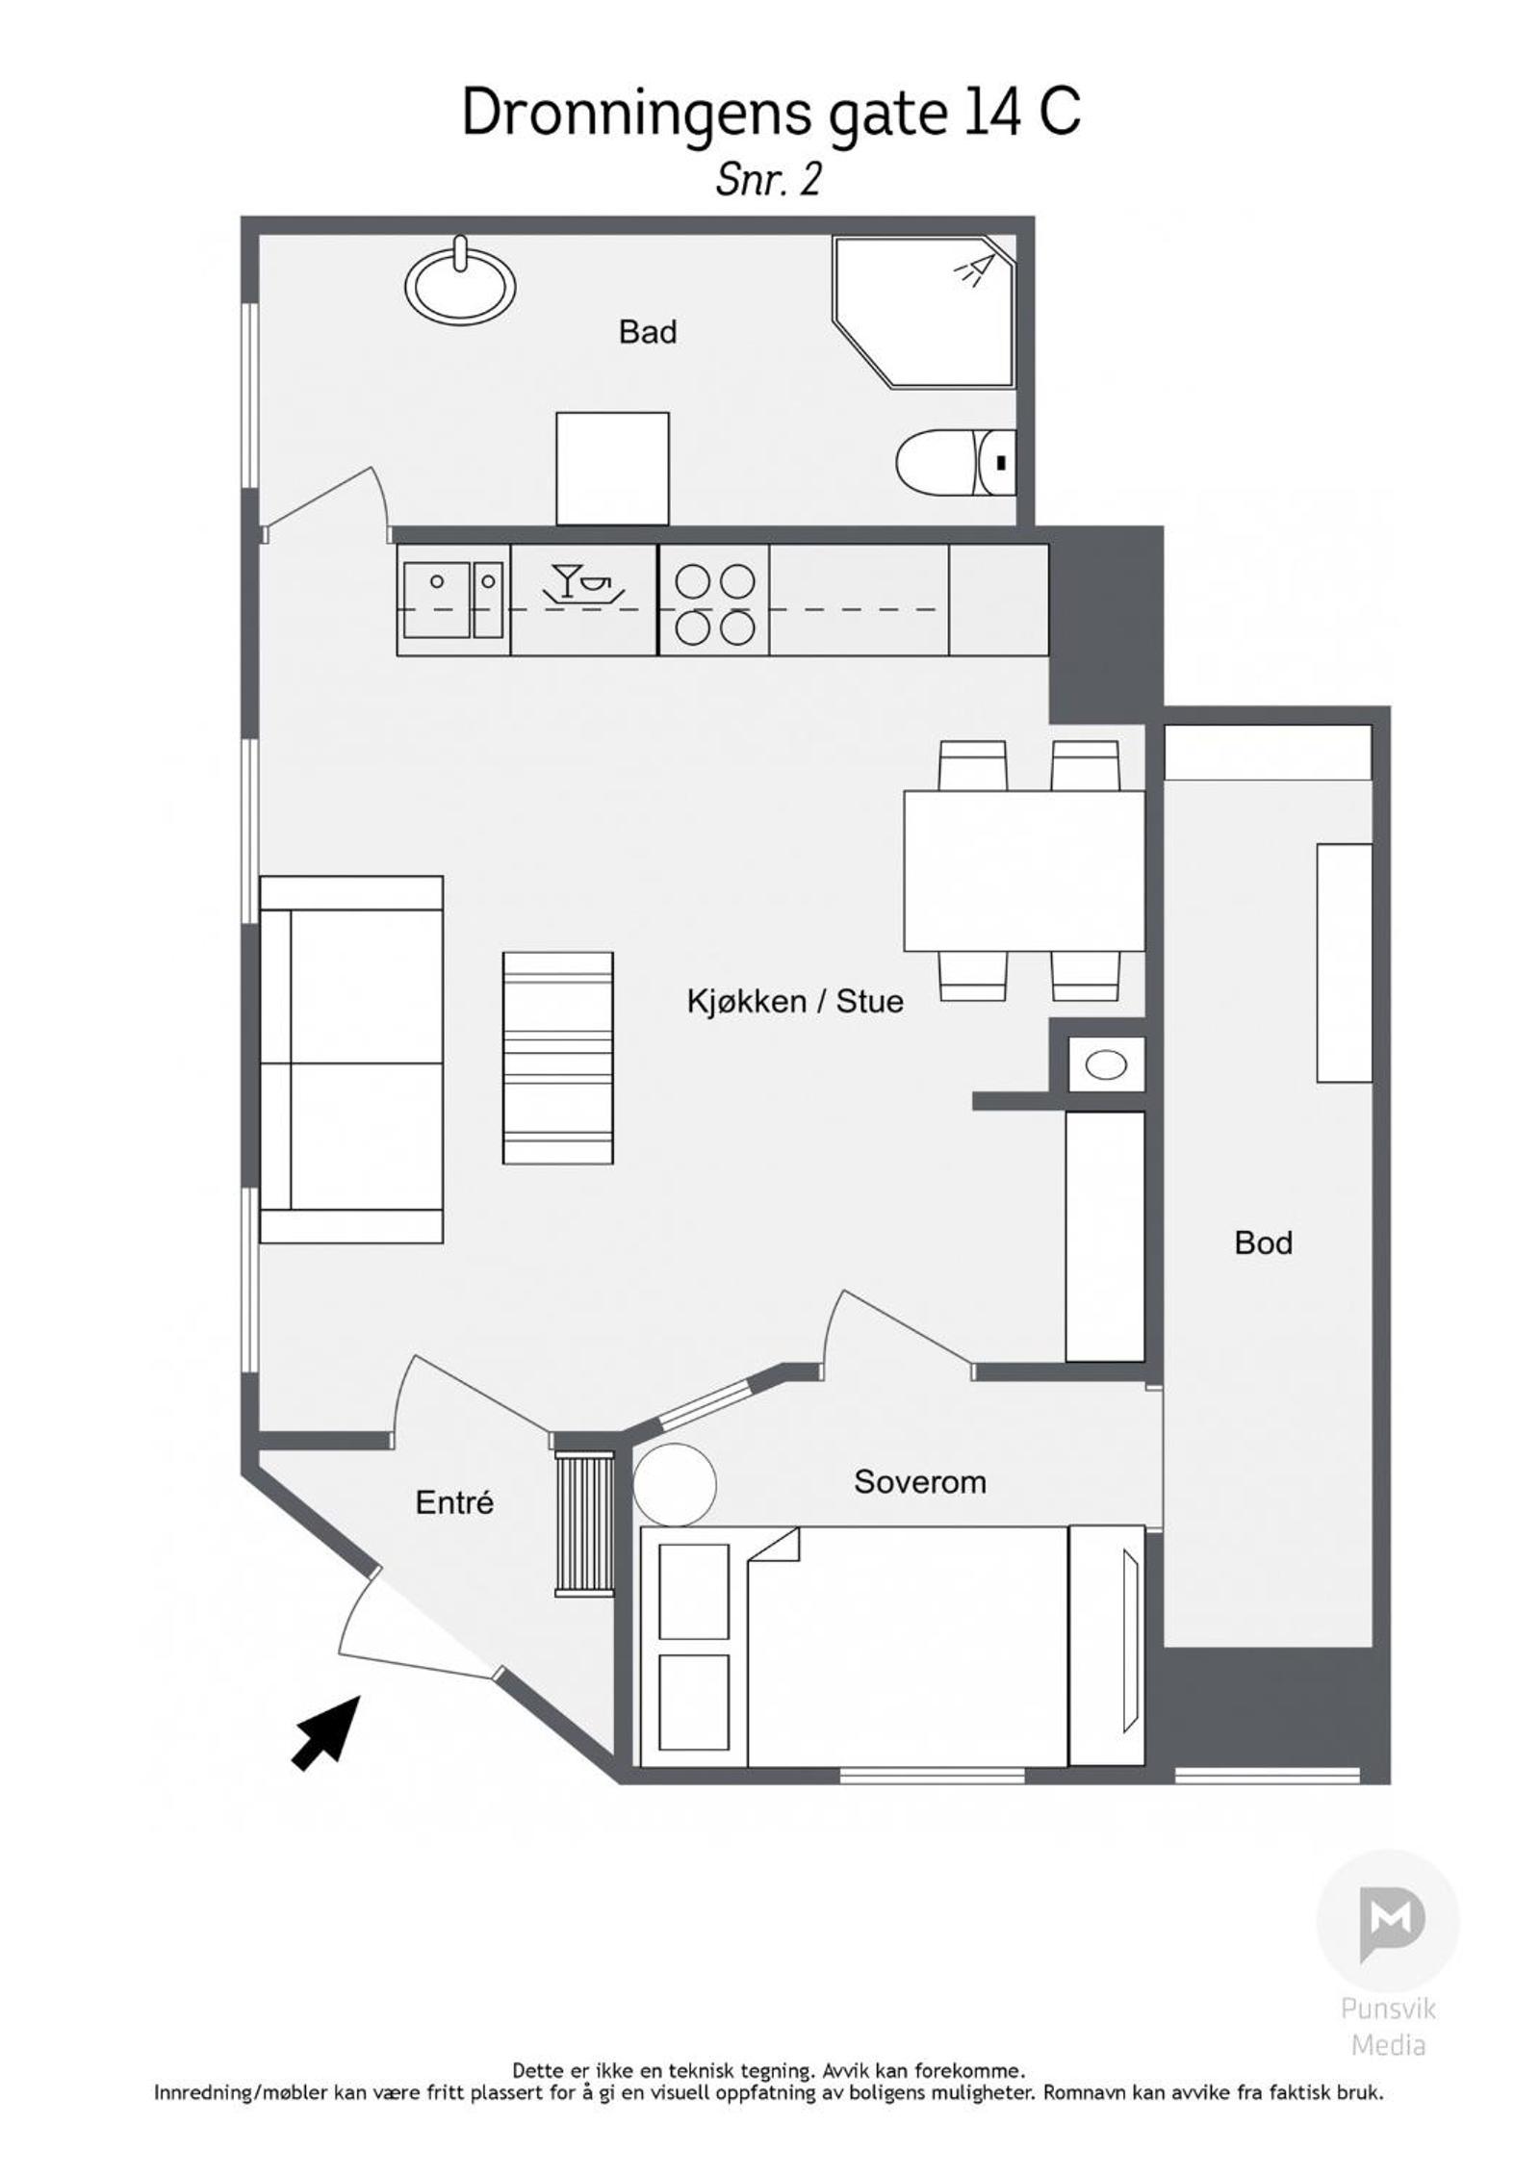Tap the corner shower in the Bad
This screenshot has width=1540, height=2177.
(x=924, y=312)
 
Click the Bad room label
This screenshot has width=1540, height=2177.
(x=648, y=332)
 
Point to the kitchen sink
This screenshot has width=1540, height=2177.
(x=452, y=599)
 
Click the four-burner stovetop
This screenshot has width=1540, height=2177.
(x=714, y=601)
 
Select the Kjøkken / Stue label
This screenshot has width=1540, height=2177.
(x=795, y=1002)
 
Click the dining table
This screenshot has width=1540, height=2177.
(x=1024, y=870)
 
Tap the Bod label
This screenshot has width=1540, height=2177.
(x=1263, y=1243)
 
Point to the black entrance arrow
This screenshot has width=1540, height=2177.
(x=326, y=1732)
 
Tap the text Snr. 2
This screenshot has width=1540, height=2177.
(x=768, y=180)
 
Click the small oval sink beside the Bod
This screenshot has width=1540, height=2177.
(x=1106, y=1065)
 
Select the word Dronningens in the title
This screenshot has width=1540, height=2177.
(x=636, y=114)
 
